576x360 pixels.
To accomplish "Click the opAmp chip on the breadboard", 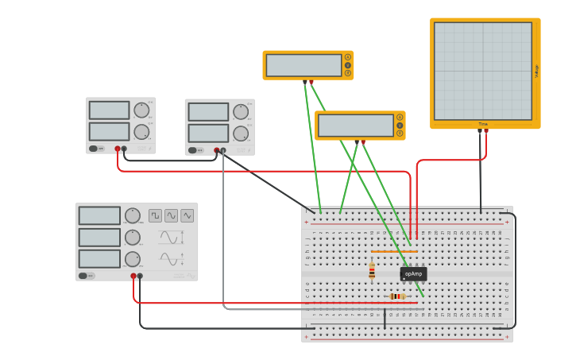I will (413, 273).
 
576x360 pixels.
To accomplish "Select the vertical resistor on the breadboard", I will (372, 272).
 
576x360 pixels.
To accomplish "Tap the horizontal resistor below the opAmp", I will (397, 296).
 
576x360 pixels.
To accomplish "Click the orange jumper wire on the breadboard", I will (394, 252).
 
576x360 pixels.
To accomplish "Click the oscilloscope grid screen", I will (482, 71).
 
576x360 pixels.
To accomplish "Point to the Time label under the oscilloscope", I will (483, 124).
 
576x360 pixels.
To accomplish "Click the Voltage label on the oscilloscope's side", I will (536, 71).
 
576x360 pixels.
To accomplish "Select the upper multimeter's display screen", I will (303, 65).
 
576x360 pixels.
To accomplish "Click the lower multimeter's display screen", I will (356, 126).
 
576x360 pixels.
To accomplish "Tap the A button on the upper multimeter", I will (347, 57).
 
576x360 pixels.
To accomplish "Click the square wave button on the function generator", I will (155, 215).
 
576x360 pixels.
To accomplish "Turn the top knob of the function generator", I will (132, 215).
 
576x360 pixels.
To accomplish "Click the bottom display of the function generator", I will (99, 259).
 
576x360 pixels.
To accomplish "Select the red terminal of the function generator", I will (133, 276).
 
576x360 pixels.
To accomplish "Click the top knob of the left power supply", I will (141, 110).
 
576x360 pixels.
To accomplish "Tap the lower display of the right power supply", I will (208, 133).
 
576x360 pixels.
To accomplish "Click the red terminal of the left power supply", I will (118, 149).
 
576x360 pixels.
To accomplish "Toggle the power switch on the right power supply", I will (192, 150).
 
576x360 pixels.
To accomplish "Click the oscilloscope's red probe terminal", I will (486, 131).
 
